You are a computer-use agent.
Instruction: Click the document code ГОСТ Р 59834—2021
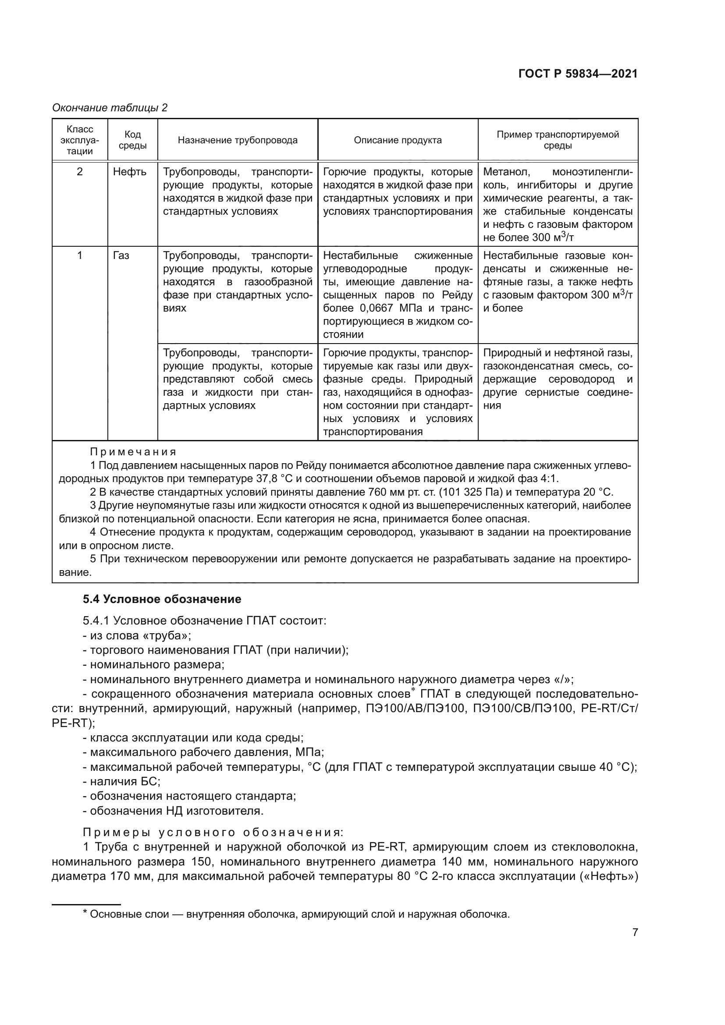click(x=578, y=74)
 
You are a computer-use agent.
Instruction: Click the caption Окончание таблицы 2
click(x=110, y=108)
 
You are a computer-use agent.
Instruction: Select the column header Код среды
click(x=132, y=140)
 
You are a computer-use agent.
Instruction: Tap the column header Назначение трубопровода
click(x=238, y=140)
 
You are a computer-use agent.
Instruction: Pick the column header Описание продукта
click(x=397, y=140)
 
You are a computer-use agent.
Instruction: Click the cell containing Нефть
click(x=129, y=172)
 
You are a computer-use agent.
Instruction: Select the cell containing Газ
click(x=121, y=255)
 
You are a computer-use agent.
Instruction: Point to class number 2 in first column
click(x=79, y=172)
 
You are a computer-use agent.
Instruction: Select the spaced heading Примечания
click(x=133, y=452)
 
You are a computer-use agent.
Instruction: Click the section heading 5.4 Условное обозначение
click(x=162, y=599)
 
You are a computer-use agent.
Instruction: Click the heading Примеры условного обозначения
click(x=213, y=832)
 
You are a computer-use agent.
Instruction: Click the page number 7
click(x=635, y=932)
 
